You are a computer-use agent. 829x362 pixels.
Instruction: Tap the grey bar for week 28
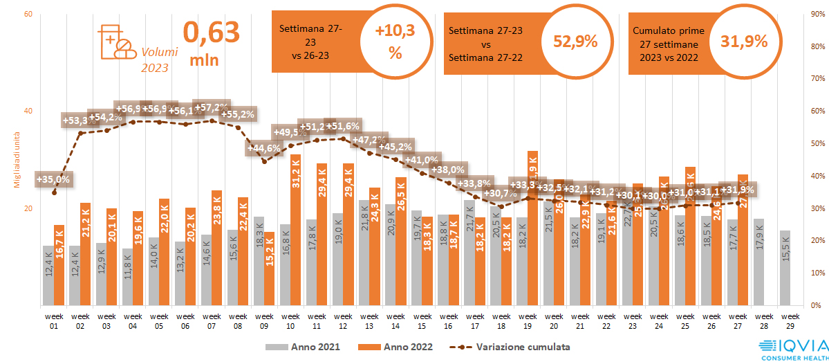[758, 262]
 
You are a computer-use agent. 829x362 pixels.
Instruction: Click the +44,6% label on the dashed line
[264, 147]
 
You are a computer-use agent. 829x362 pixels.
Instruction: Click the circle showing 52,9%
[575, 42]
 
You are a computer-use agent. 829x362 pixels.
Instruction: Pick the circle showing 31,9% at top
[744, 42]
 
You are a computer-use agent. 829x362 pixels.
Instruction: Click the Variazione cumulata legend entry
[511, 347]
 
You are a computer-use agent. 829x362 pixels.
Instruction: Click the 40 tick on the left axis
[28, 111]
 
